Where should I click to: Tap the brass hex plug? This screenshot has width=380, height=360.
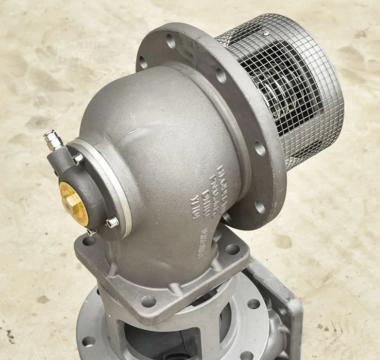(72, 202)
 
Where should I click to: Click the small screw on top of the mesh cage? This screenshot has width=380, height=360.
(266, 33)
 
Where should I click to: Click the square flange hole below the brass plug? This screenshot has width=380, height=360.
(89, 241)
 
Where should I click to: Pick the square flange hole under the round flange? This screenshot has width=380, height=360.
(232, 249)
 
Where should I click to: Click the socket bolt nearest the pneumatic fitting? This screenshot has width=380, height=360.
(77, 159)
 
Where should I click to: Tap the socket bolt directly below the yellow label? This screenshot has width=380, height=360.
(92, 232)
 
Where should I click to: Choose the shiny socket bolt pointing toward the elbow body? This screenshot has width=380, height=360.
(113, 222)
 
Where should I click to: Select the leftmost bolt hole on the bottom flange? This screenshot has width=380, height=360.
(88, 342)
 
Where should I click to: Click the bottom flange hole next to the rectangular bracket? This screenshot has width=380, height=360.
(253, 303)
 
